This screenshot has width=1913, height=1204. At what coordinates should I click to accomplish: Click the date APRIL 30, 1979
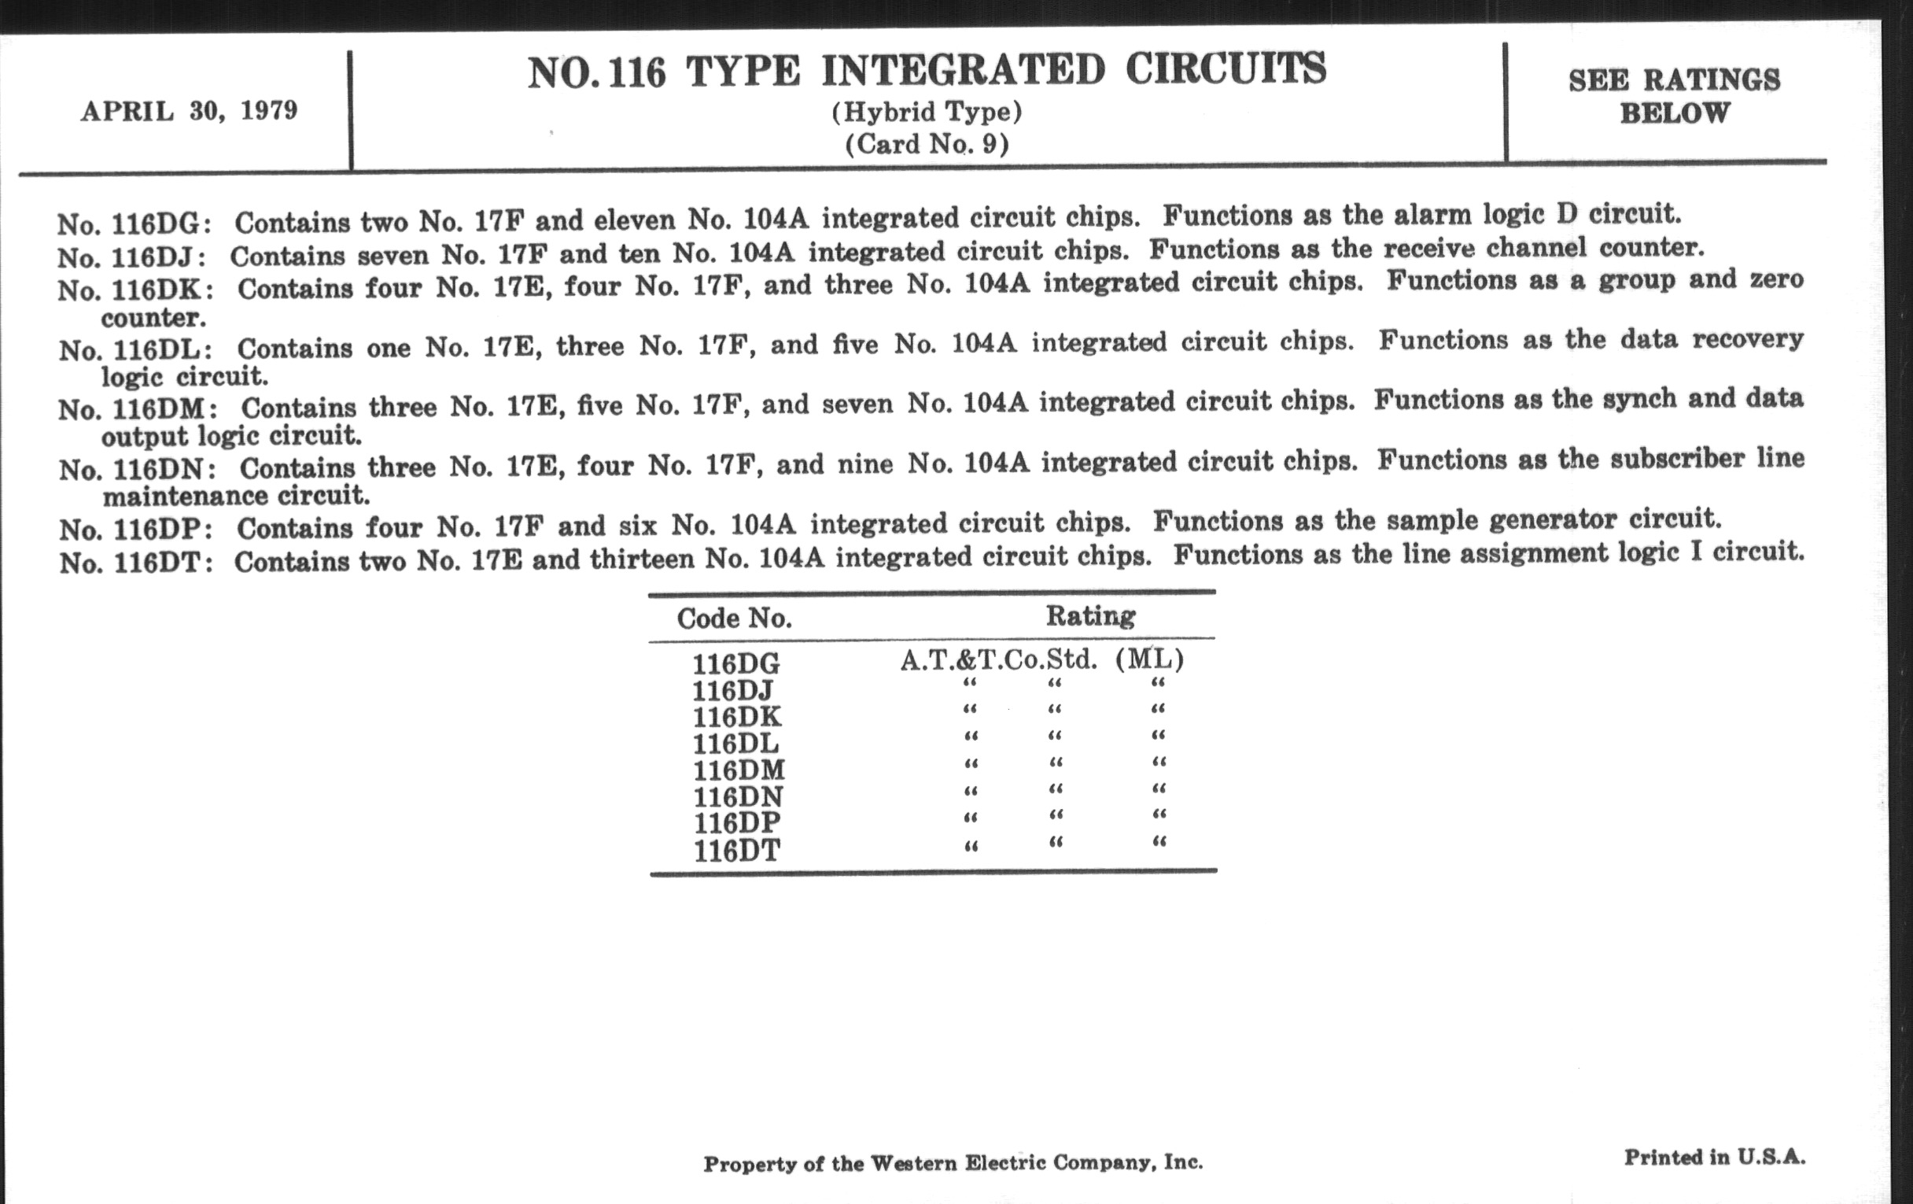coord(189,110)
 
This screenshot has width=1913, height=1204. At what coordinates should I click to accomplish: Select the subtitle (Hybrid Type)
coord(927,112)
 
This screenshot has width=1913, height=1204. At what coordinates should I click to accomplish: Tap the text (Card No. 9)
coord(927,144)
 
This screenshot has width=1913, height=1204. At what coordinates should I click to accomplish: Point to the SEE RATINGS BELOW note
coord(1674,96)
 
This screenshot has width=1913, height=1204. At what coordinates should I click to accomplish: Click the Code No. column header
coord(734,619)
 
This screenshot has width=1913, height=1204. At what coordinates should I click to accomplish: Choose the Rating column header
coord(1090,615)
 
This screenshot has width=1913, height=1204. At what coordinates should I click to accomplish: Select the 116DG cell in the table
coord(735,663)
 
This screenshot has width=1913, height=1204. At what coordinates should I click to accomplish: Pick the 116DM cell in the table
coord(738,770)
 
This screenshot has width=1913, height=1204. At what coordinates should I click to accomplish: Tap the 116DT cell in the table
coord(736,851)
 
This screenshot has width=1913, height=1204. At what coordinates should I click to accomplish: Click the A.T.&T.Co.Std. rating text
coord(999,659)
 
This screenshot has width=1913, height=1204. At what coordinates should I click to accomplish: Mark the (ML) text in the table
coord(1149,659)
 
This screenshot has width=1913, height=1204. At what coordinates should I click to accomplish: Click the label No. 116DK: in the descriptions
coord(136,290)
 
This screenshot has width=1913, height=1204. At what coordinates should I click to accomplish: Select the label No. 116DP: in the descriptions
coord(136,530)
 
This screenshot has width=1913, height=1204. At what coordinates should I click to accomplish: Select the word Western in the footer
coord(913,1163)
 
